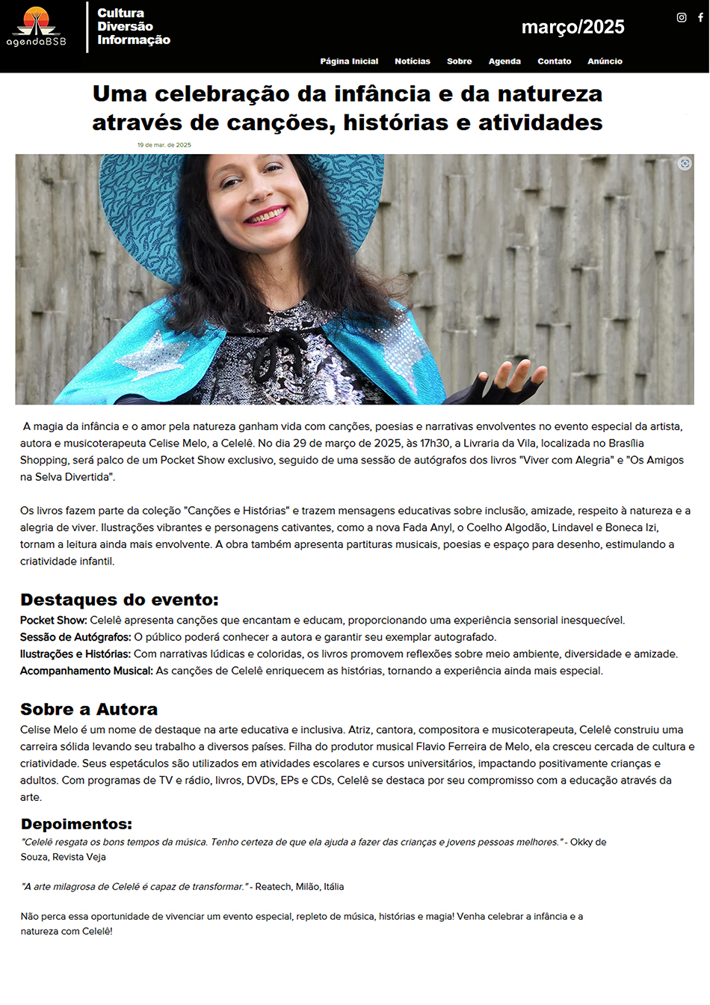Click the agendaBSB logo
point(36,27)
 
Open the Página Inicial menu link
point(349,61)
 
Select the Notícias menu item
point(413,61)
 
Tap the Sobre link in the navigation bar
point(459,61)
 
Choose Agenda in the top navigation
point(504,61)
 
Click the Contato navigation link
point(554,61)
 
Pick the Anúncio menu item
point(605,61)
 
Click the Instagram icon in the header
point(682,17)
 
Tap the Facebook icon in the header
point(700,17)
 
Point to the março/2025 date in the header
point(572,27)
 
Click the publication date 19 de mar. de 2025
point(164,145)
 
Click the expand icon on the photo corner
point(685,164)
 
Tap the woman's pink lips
point(265,216)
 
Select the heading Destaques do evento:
point(120,600)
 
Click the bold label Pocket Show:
point(54,621)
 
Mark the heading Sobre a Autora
point(89,709)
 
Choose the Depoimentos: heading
point(76,824)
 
